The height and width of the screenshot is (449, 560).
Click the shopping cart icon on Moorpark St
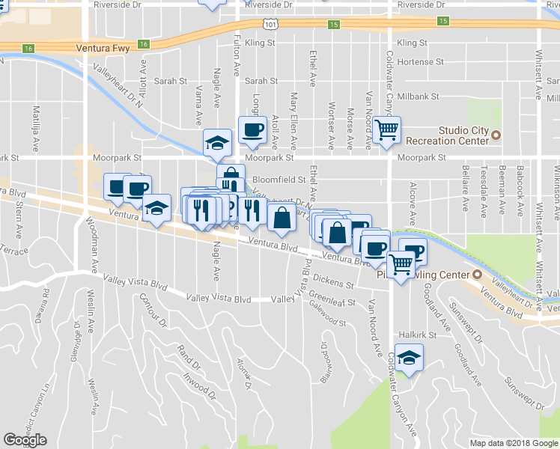387,130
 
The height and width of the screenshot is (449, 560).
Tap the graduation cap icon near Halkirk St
409,358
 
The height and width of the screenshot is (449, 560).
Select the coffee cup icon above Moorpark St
252,130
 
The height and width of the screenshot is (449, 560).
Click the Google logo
25,440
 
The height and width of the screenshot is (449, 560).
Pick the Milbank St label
419,97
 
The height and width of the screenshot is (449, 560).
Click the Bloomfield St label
279,180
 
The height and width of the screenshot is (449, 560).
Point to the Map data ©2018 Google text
513,443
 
